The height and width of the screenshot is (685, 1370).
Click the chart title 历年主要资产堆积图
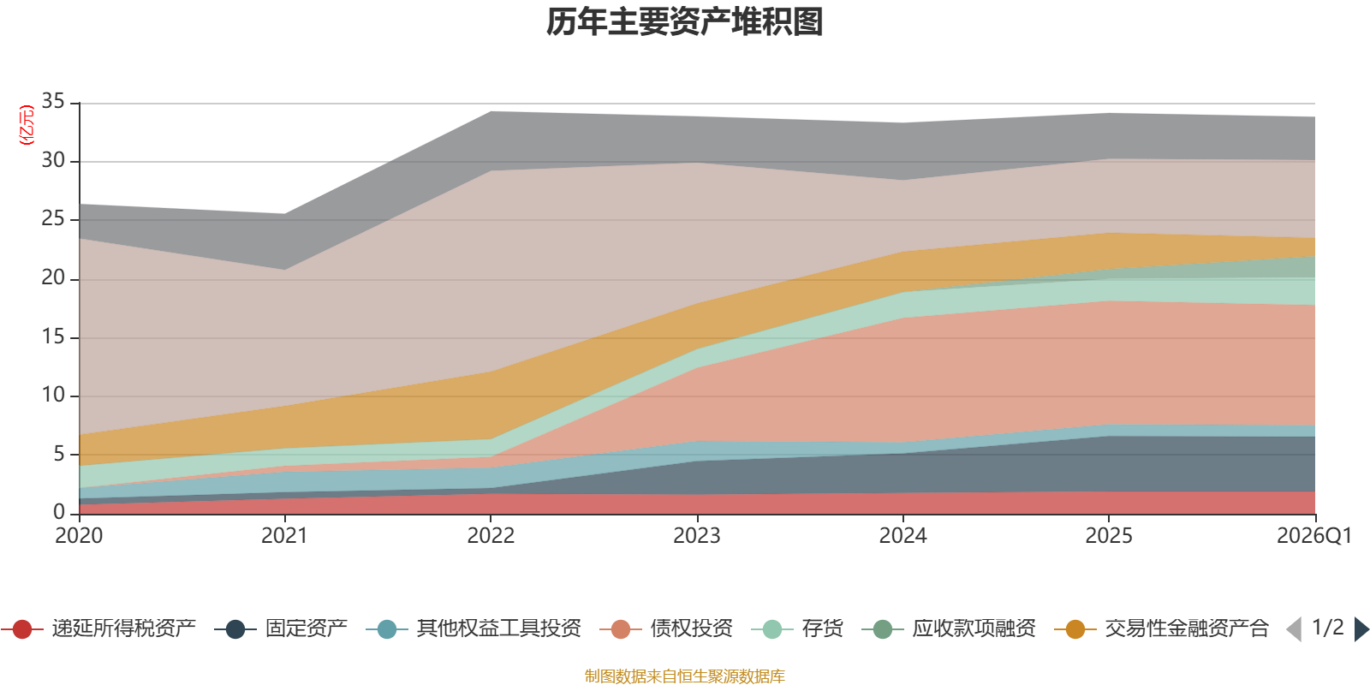coord(685,22)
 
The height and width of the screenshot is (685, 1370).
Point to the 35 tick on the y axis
coord(53,102)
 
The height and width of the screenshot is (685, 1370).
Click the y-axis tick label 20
coord(53,277)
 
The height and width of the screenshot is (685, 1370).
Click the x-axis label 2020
coord(79,536)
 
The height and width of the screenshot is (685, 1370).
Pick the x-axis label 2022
coord(491,536)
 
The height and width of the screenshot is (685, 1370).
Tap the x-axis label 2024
coord(902,536)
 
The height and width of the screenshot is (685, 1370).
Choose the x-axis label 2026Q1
coord(1313,536)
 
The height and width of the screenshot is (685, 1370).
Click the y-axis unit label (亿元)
coord(27,125)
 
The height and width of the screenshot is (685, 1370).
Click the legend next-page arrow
coord(1361,629)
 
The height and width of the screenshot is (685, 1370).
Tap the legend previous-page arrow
coord(1294,629)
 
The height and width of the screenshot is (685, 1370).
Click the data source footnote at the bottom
coord(685,676)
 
